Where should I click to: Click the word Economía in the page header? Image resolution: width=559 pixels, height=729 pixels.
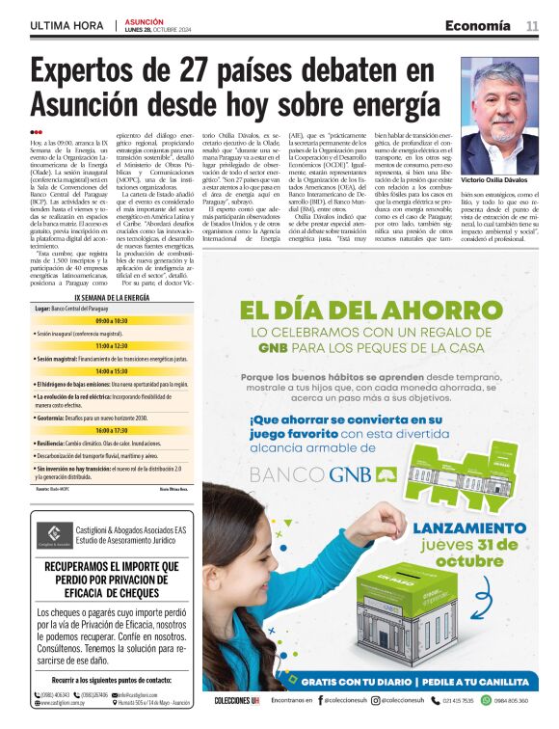477,25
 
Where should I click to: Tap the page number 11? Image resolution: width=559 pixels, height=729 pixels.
532,25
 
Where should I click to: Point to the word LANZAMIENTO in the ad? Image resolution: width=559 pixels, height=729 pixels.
469,527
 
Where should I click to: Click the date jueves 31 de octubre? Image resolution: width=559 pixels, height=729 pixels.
469,553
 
